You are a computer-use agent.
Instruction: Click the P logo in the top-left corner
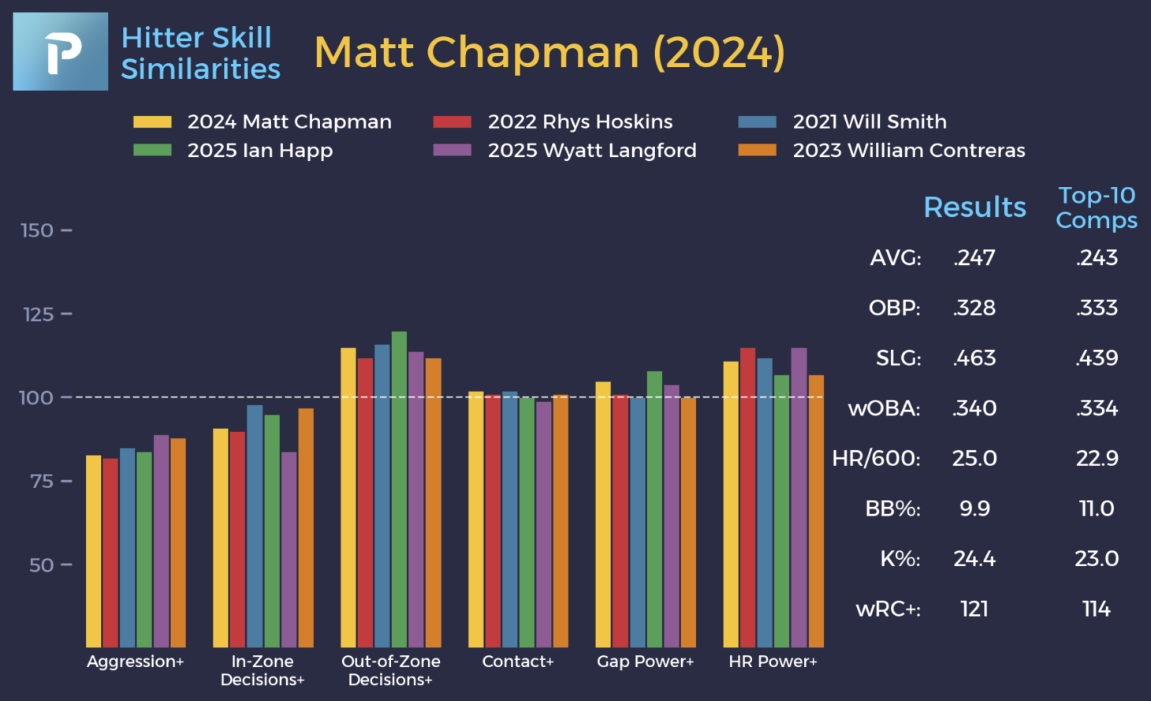tap(61, 51)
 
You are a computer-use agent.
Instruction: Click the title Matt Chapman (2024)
tap(549, 53)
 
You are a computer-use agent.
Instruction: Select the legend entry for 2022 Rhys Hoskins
tap(553, 121)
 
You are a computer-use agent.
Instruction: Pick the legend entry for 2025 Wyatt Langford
tap(565, 150)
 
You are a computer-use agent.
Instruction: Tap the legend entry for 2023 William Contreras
tap(882, 150)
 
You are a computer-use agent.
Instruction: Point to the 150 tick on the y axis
tap(37, 230)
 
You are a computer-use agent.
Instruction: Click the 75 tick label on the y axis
tap(42, 481)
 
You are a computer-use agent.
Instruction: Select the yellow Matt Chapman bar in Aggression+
tap(94, 551)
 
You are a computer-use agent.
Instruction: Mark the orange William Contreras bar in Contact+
tap(561, 521)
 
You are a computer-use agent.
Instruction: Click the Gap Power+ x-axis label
tap(645, 662)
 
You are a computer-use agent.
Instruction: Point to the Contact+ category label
tap(518, 662)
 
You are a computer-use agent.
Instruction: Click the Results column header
tap(974, 207)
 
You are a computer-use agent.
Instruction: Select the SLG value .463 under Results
tap(974, 358)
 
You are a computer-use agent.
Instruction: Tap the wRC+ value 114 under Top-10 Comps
tap(1096, 609)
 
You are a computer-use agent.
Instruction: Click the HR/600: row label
tap(876, 458)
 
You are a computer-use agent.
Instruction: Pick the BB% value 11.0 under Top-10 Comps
tap(1096, 509)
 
